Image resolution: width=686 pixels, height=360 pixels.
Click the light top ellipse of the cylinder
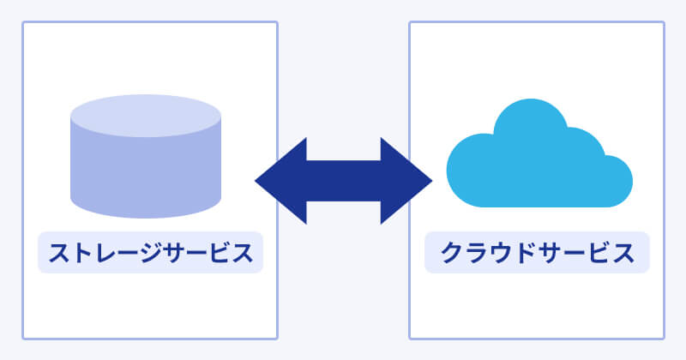tap(146, 117)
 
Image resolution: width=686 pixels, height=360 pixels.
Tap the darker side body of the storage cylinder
tap(146, 176)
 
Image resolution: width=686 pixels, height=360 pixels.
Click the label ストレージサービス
tap(150, 253)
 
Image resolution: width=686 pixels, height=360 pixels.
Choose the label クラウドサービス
tap(537, 253)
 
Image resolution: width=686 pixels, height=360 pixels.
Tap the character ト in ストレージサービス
tap(82, 254)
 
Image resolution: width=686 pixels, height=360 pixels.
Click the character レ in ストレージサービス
tap(105, 254)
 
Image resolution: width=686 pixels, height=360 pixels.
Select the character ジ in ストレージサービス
tap(150, 254)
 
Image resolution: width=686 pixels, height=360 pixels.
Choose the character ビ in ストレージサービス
tap(218, 254)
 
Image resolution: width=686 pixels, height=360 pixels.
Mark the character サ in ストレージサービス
tap(172, 254)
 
